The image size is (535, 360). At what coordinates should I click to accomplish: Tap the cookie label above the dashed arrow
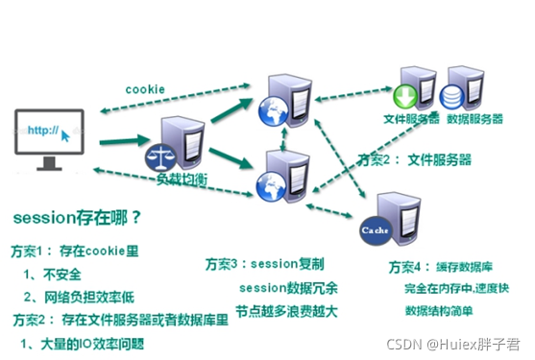[144, 89]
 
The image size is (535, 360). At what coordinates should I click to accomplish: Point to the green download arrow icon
[403, 97]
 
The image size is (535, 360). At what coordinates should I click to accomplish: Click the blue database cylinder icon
[451, 97]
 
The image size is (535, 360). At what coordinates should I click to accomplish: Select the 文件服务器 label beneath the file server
[411, 119]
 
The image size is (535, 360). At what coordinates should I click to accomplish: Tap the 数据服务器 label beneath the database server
[471, 119]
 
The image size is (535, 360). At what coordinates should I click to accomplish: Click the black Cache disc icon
[373, 231]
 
